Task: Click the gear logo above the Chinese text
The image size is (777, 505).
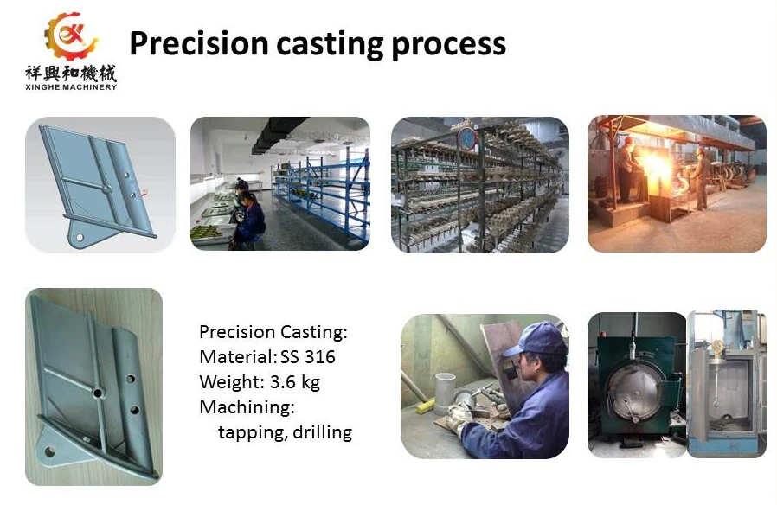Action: coord(71,35)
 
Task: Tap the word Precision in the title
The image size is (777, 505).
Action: coord(199,43)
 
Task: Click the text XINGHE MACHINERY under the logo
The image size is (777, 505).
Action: coord(71,87)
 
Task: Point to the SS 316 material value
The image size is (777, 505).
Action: coord(308,356)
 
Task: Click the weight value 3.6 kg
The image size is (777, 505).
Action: coord(295,382)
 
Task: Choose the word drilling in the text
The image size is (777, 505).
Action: coord(322,432)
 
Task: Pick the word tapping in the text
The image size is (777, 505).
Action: coord(252,433)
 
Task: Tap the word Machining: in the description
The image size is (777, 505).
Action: coord(247,407)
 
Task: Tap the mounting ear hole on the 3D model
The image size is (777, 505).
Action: coord(80,238)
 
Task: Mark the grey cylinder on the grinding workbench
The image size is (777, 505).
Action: coord(445,393)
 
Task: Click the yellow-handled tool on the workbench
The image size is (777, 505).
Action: coord(425,406)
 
